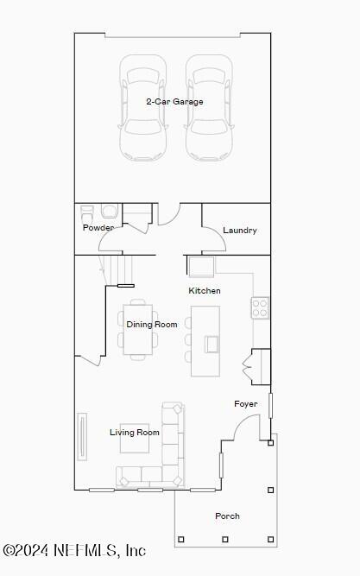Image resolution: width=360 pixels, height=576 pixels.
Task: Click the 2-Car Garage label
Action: tap(174, 102)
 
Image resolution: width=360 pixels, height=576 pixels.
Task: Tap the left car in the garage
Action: tap(142, 108)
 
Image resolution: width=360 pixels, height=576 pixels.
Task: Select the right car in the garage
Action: tap(209, 108)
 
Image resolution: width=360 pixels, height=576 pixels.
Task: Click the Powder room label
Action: tap(98, 228)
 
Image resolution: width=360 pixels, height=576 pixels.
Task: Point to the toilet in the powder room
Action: tap(110, 212)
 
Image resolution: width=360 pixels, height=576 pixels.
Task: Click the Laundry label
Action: tap(239, 231)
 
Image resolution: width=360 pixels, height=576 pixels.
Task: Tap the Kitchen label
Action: tap(205, 291)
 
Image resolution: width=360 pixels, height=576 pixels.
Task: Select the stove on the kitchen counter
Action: tap(260, 308)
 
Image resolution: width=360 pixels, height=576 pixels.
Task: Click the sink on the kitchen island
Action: tap(212, 344)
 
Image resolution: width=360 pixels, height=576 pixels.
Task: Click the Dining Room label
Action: tap(152, 325)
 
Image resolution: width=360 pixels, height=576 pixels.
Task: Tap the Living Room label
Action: tap(135, 433)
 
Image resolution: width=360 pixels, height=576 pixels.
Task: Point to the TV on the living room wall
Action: tap(83, 437)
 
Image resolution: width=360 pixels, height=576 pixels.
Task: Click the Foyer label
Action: tap(246, 404)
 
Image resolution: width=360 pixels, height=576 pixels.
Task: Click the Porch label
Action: tap(227, 516)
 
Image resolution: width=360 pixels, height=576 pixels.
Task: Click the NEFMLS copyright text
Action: tap(74, 550)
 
